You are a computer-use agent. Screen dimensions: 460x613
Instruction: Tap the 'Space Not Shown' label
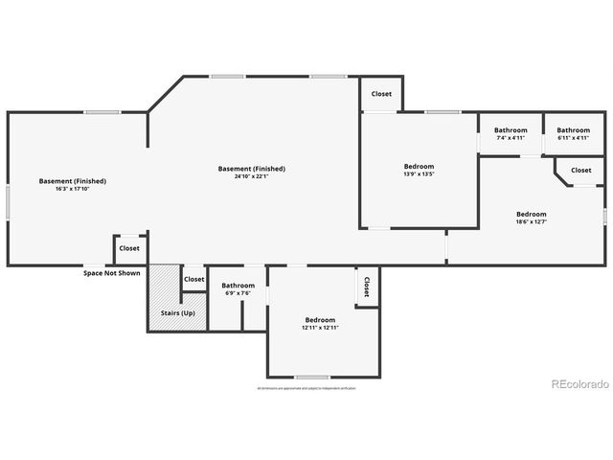pos(111,273)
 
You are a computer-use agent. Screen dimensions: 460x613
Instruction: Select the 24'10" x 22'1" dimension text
pos(252,176)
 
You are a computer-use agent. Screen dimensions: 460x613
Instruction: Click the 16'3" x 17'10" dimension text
pos(73,189)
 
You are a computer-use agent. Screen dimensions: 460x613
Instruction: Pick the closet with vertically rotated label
pos(366,287)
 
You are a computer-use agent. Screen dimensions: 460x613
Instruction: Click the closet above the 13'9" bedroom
pos(381,94)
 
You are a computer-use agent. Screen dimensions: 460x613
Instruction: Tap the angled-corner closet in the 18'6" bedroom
pos(580,171)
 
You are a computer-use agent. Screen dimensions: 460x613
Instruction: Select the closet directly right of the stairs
pos(194,279)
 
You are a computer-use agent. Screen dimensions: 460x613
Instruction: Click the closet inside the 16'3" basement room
pos(129,248)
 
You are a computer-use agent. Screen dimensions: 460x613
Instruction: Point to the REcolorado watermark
pos(579,384)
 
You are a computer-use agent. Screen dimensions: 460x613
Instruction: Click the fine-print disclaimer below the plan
pos(306,388)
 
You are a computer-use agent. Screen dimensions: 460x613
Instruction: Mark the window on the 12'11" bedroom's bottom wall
pos(312,377)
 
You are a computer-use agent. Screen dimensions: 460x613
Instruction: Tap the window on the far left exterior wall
pos(8,202)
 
